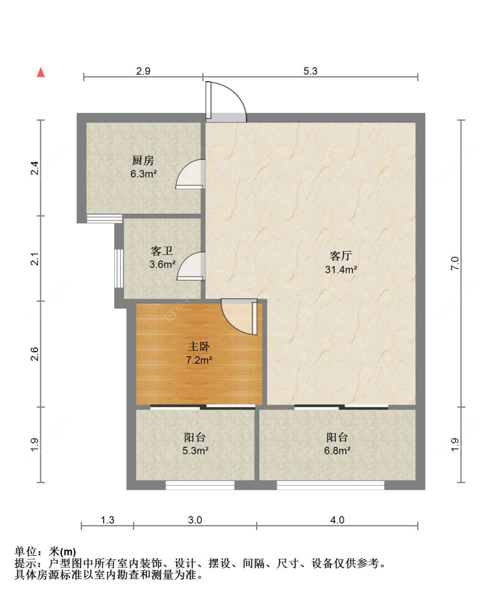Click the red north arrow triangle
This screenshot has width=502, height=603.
(41, 72)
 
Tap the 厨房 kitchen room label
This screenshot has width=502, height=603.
(143, 160)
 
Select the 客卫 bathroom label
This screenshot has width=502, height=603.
(162, 251)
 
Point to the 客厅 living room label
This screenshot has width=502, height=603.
(341, 256)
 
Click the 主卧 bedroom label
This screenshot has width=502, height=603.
(199, 346)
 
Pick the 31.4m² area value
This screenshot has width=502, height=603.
(341, 269)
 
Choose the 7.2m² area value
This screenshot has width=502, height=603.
(199, 360)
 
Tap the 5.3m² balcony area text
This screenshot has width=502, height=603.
(195, 450)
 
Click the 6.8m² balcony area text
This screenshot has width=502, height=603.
(337, 450)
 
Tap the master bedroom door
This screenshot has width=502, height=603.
(239, 317)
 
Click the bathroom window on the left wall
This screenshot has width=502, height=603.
(119, 268)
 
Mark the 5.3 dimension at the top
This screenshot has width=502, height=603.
(311, 71)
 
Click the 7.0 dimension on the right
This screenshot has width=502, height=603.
(455, 263)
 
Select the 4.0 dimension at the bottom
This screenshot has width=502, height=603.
(337, 520)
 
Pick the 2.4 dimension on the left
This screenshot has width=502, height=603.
(34, 168)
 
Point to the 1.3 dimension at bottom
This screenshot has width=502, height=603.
(108, 520)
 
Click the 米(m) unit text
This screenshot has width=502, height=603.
(62, 552)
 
